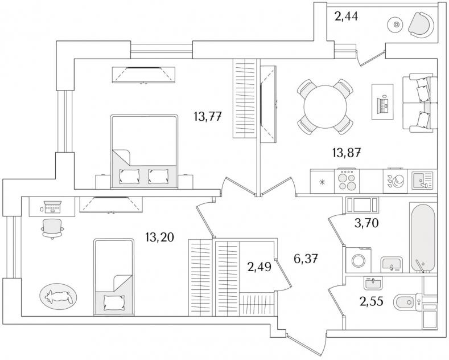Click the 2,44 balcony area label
[x=347, y=17]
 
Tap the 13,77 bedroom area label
[x=207, y=118]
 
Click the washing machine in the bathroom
[x=359, y=261]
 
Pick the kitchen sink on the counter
[x=423, y=181]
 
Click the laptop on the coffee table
[x=383, y=102]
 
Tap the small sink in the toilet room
[x=373, y=281]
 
